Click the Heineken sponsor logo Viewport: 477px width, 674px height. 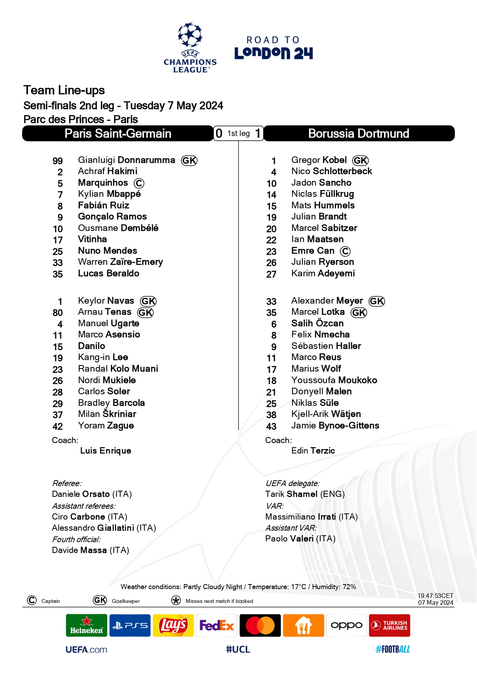[86, 626]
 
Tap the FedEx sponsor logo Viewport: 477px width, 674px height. [217, 626]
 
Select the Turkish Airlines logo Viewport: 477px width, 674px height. [389, 626]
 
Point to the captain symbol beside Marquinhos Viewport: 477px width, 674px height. [139, 184]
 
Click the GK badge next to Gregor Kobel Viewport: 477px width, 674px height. [361, 161]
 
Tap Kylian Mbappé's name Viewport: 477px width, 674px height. [109, 194]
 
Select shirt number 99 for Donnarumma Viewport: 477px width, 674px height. [58, 161]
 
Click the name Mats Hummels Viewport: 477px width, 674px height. [323, 206]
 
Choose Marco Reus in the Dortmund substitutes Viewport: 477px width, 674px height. [316, 357]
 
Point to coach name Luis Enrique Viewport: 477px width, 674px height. [106, 451]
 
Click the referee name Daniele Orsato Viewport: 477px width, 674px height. [92, 494]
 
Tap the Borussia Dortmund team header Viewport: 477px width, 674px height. [359, 134]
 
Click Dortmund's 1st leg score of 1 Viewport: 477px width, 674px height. [258, 133]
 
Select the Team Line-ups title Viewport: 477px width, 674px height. [64, 90]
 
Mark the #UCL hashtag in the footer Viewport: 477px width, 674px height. [238, 649]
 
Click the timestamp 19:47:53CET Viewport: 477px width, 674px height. [435, 596]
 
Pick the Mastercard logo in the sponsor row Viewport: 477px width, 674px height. [260, 626]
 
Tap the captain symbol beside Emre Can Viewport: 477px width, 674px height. [345, 251]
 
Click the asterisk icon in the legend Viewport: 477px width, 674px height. [176, 601]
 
